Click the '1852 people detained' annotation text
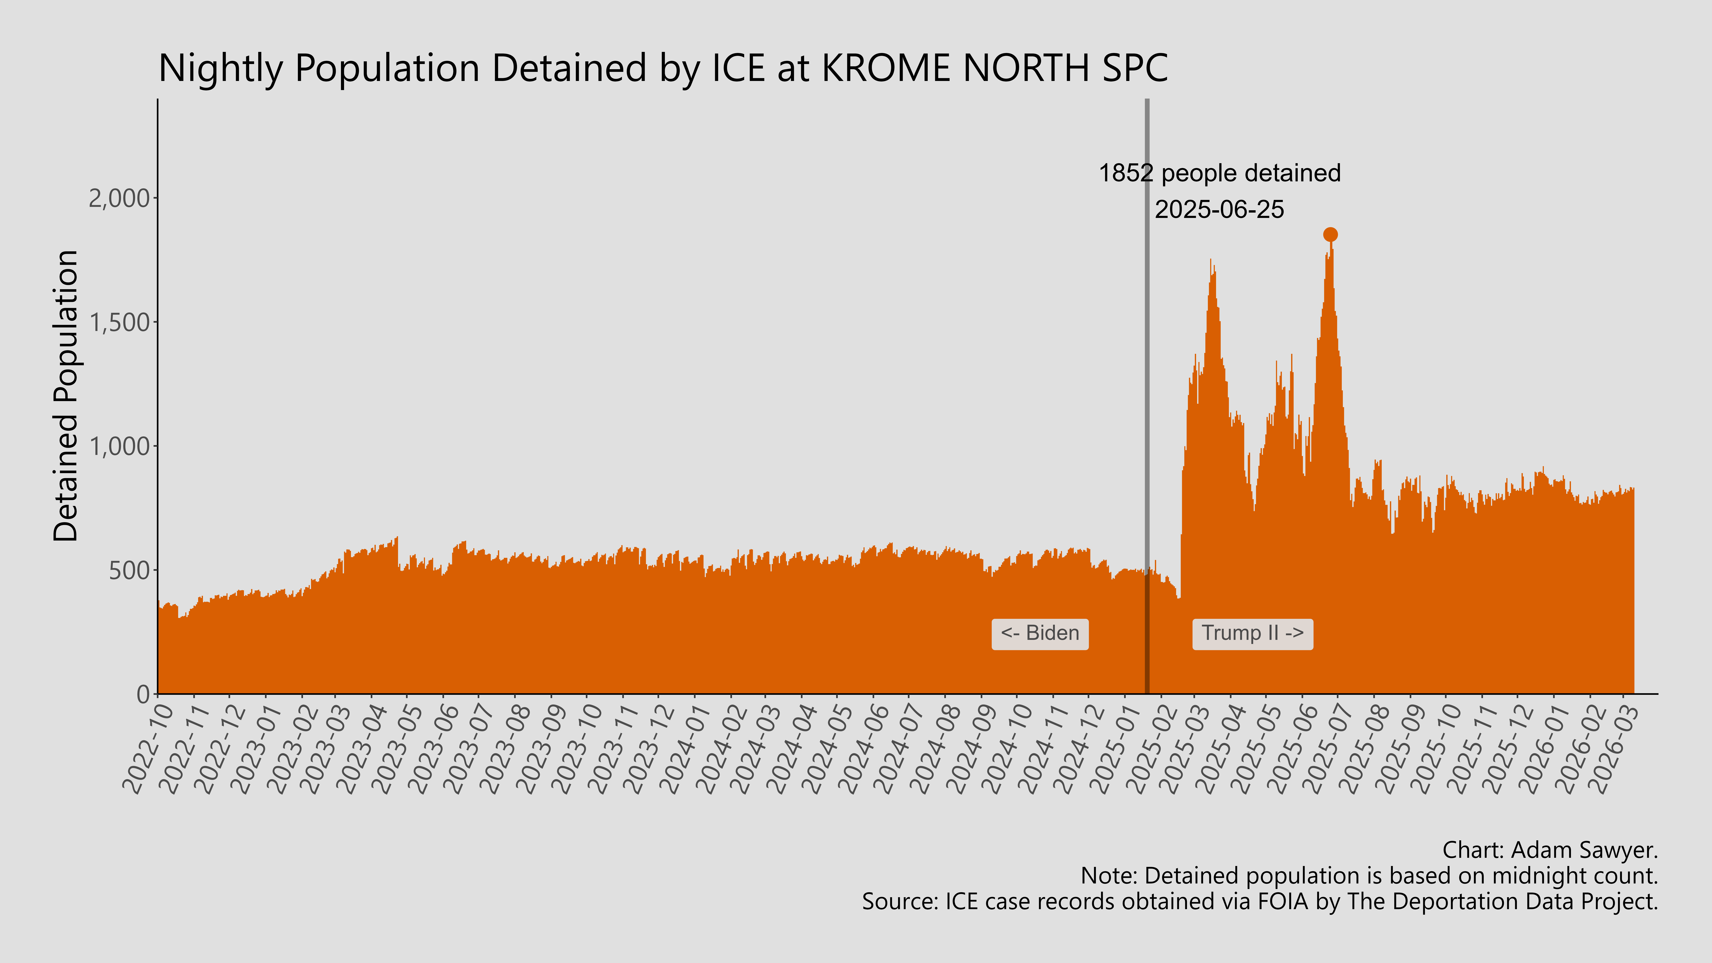point(1220,174)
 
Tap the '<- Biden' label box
point(1040,633)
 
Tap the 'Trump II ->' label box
point(1252,633)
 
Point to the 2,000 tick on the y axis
point(120,198)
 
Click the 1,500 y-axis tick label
point(120,322)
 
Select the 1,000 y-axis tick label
point(120,447)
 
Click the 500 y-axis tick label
point(130,570)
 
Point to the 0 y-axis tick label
point(143,694)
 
